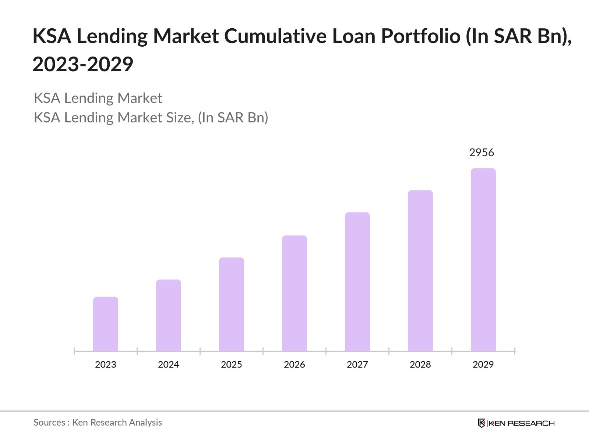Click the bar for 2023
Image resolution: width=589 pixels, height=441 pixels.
pyautogui.click(x=106, y=324)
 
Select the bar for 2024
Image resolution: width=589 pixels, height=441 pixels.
pyautogui.click(x=169, y=315)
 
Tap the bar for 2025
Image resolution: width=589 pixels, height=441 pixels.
pyautogui.click(x=232, y=304)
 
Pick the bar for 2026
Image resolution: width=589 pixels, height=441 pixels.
pyautogui.click(x=294, y=293)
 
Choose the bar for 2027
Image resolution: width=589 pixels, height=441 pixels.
pyautogui.click(x=357, y=282)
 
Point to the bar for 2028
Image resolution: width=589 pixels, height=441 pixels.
pyautogui.click(x=420, y=271)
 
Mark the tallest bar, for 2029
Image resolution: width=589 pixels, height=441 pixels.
pyautogui.click(x=483, y=260)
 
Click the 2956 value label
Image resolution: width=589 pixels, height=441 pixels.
pyautogui.click(x=482, y=153)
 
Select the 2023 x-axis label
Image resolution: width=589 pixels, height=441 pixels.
pyautogui.click(x=106, y=365)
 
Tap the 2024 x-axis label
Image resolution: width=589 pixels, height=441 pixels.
pyautogui.click(x=169, y=365)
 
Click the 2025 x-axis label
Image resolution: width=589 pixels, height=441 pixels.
pyautogui.click(x=232, y=365)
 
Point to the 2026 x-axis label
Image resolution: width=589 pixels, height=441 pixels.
pyautogui.click(x=294, y=365)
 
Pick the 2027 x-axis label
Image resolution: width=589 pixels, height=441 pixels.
pyautogui.click(x=357, y=365)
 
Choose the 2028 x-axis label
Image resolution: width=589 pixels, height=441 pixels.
pyautogui.click(x=420, y=365)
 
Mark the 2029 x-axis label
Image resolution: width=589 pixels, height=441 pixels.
pyautogui.click(x=483, y=365)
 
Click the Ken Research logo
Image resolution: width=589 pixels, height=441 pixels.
pyautogui.click(x=516, y=423)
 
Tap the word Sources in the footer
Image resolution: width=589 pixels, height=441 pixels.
pyautogui.click(x=49, y=423)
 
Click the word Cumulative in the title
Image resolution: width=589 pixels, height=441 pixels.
pyautogui.click(x=275, y=36)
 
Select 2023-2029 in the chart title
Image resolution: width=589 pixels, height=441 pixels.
pyautogui.click(x=83, y=65)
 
